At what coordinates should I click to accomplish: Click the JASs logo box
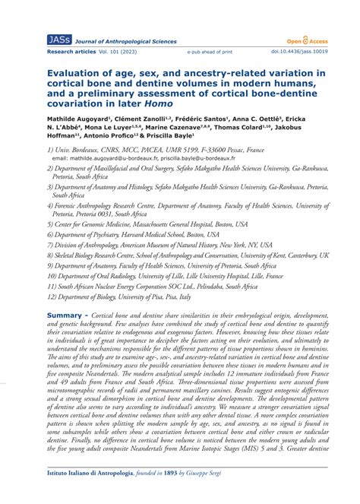pyautogui.click(x=58, y=40)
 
